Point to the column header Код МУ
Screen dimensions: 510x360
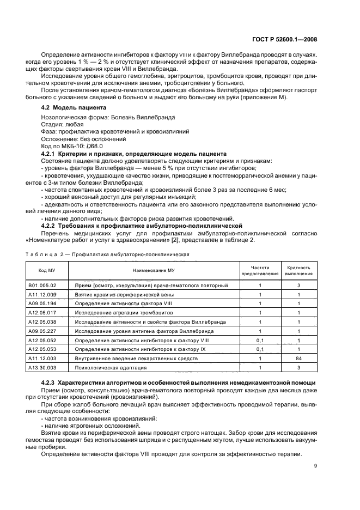click(46, 270)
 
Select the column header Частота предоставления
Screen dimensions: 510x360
click(260, 270)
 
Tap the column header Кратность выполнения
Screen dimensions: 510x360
click(299, 270)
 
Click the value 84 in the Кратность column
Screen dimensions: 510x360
click(299, 359)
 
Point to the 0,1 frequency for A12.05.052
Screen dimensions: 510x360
click(260, 341)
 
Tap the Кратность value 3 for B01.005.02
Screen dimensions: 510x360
click(299, 285)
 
